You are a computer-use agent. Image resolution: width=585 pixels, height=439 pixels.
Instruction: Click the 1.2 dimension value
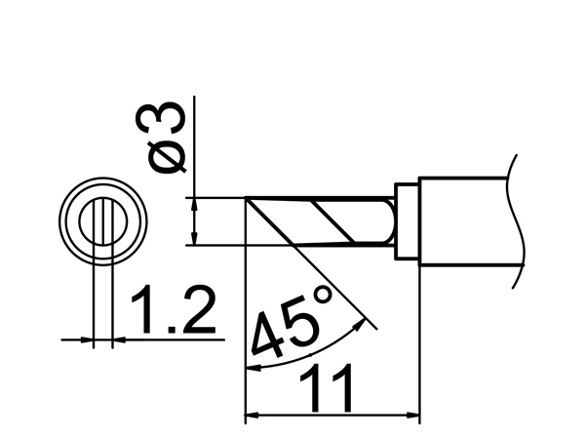point(174,309)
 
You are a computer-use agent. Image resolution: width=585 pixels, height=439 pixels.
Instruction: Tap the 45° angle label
point(292,321)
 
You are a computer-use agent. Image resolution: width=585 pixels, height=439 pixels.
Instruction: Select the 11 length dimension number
point(327,388)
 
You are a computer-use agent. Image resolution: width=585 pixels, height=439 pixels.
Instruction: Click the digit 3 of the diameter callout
point(160,118)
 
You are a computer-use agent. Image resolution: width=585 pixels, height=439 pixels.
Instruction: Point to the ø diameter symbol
point(167,157)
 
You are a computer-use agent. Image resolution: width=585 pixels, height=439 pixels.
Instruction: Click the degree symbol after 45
point(322,295)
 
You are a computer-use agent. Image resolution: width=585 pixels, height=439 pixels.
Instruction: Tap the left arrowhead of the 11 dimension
point(252,415)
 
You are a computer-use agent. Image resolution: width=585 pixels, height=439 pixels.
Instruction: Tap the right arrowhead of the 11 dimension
point(413,415)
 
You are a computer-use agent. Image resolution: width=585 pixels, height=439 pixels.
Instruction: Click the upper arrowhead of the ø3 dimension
point(194,204)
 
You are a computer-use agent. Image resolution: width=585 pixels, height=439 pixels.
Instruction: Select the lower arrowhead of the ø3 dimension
point(194,238)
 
